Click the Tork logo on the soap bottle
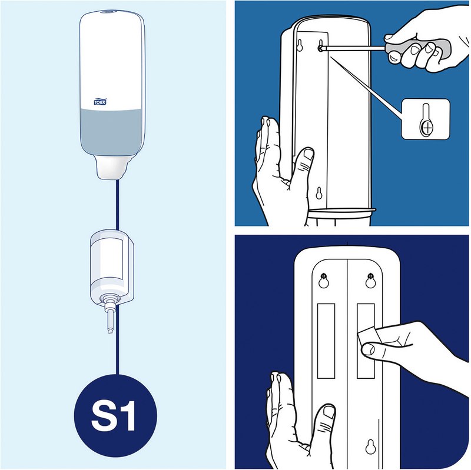point(100,102)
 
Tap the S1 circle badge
point(115,416)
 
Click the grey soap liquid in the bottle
point(111,132)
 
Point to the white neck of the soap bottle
point(111,167)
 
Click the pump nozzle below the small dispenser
point(110,319)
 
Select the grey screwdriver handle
point(417,51)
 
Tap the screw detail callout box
point(426,119)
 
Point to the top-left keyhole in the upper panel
point(299,45)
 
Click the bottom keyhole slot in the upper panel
point(319,194)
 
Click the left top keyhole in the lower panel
point(323,281)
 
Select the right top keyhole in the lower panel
point(371,281)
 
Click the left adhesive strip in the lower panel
point(326,341)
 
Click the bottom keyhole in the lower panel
point(371,447)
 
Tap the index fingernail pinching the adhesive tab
point(367,349)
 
